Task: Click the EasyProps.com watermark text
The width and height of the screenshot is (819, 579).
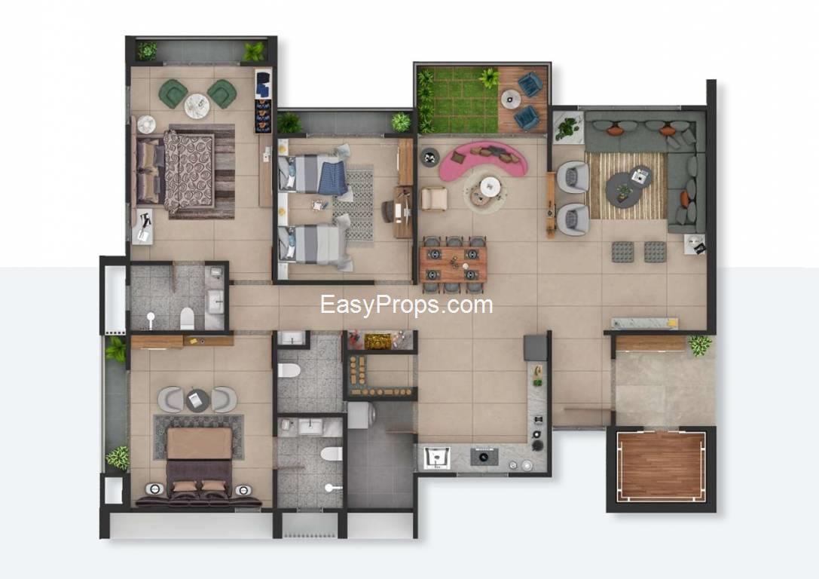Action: coord(406,305)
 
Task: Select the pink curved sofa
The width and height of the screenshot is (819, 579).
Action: coord(483,157)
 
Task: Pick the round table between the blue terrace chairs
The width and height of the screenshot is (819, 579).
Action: coord(510,99)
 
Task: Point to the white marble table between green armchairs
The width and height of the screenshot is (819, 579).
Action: coord(197,106)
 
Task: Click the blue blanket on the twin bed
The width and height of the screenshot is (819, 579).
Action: coord(334,179)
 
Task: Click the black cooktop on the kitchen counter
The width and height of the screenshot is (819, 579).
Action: coord(484,456)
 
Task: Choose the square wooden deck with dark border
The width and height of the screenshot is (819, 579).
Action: coord(661,467)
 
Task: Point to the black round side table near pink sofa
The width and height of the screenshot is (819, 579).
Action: coord(430,156)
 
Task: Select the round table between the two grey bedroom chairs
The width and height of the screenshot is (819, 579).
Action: coord(197,400)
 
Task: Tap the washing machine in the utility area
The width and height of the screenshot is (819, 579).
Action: coord(361,415)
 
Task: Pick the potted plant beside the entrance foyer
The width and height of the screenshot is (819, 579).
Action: coord(699,345)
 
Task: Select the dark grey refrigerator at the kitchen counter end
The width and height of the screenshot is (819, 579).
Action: coord(535,348)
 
